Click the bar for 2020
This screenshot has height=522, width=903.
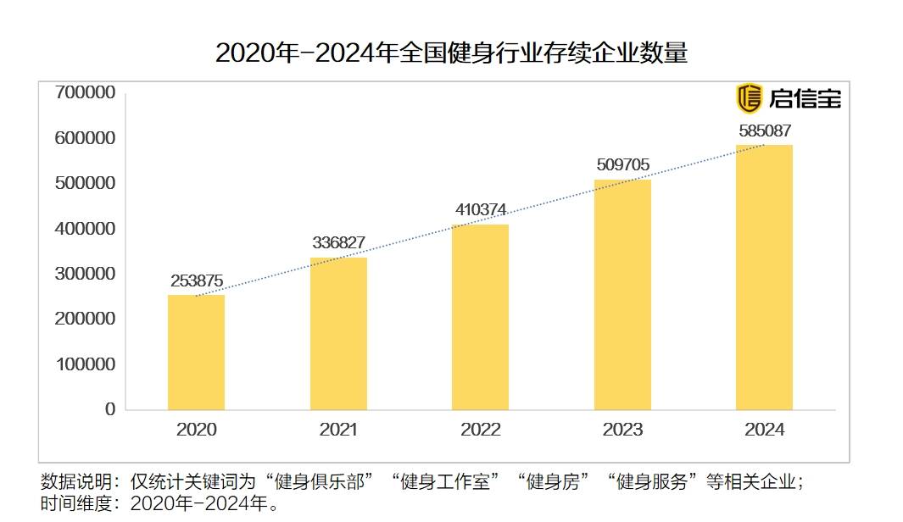click(196, 353)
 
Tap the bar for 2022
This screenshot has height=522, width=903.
click(480, 317)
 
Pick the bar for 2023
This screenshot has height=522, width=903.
click(622, 295)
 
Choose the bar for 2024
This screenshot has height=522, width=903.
click(764, 277)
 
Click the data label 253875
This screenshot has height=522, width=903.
click(196, 281)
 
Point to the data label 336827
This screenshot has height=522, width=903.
click(338, 243)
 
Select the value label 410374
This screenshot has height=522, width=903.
click(480, 210)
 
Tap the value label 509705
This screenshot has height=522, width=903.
click(622, 164)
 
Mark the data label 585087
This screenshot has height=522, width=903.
click(764, 130)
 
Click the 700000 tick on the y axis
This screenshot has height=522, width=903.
click(85, 92)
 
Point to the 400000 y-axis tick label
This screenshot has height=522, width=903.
click(85, 229)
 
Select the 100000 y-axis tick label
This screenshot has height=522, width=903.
click(85, 364)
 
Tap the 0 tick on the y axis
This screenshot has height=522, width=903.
click(110, 409)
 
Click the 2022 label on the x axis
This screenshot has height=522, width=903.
click(480, 430)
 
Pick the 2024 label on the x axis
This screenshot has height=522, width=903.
click(764, 430)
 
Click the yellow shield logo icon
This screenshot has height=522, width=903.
click(749, 98)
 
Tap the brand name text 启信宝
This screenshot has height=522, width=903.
click(805, 98)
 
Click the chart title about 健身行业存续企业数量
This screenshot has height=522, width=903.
click(451, 53)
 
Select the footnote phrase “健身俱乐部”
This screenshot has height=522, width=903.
click(321, 482)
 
